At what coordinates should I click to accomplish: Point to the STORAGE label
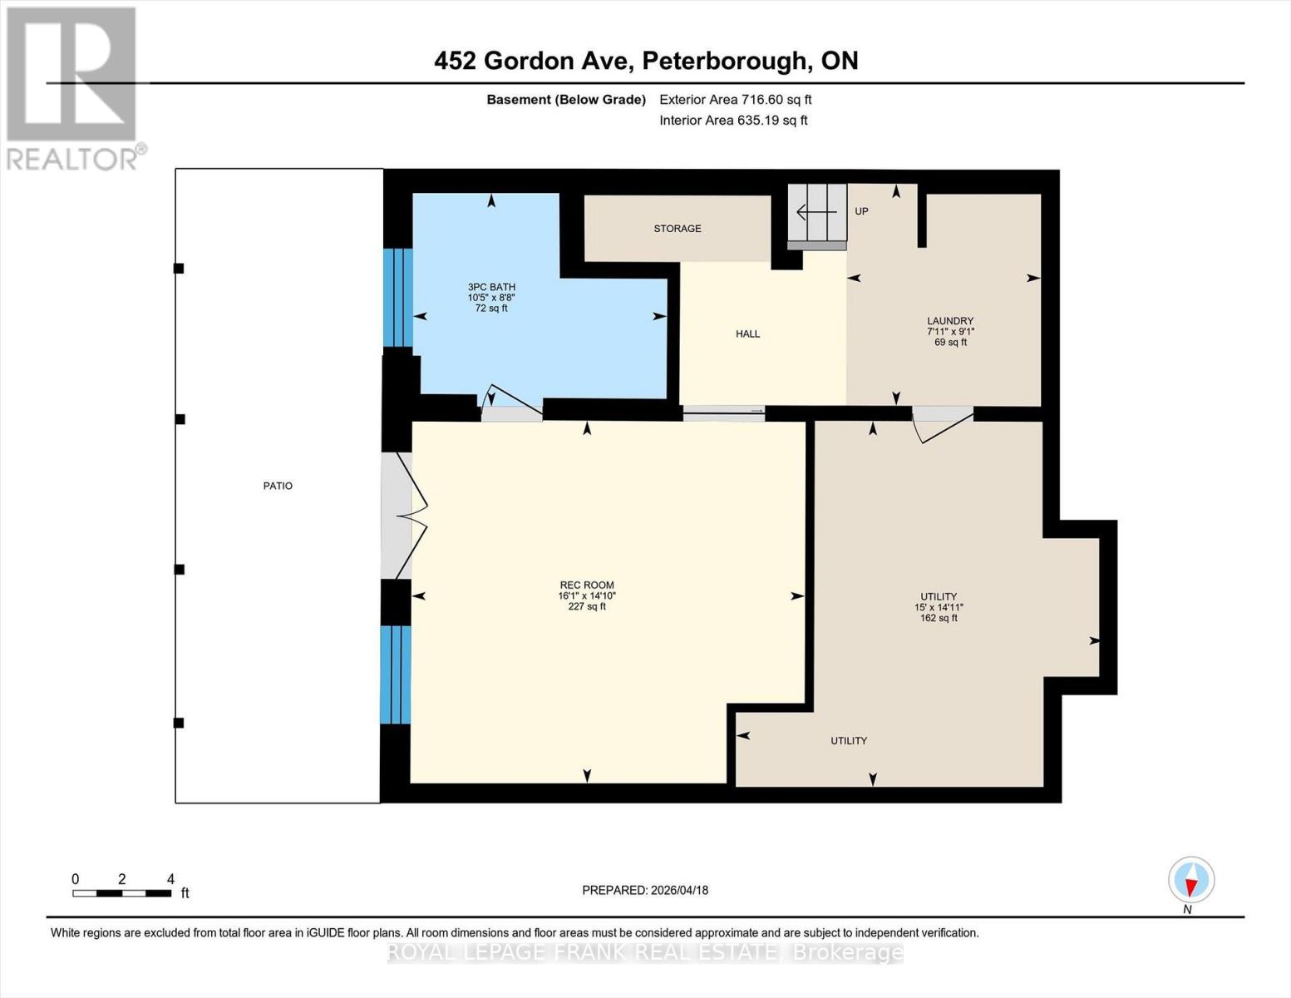click(x=677, y=229)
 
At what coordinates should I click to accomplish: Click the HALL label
click(x=747, y=334)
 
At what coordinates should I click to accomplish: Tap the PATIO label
click(x=278, y=486)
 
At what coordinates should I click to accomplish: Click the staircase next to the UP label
click(x=817, y=215)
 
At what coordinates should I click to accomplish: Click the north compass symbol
click(x=1191, y=880)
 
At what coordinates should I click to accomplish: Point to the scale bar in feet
click(x=122, y=892)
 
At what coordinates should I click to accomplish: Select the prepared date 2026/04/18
click(x=645, y=890)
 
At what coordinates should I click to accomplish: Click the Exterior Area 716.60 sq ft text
click(x=735, y=100)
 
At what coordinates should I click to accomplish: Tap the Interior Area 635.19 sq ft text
click(x=733, y=121)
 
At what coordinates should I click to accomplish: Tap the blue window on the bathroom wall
click(x=397, y=297)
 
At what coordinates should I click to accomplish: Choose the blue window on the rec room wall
click(x=396, y=674)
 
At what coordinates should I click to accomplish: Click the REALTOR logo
click(x=73, y=87)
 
